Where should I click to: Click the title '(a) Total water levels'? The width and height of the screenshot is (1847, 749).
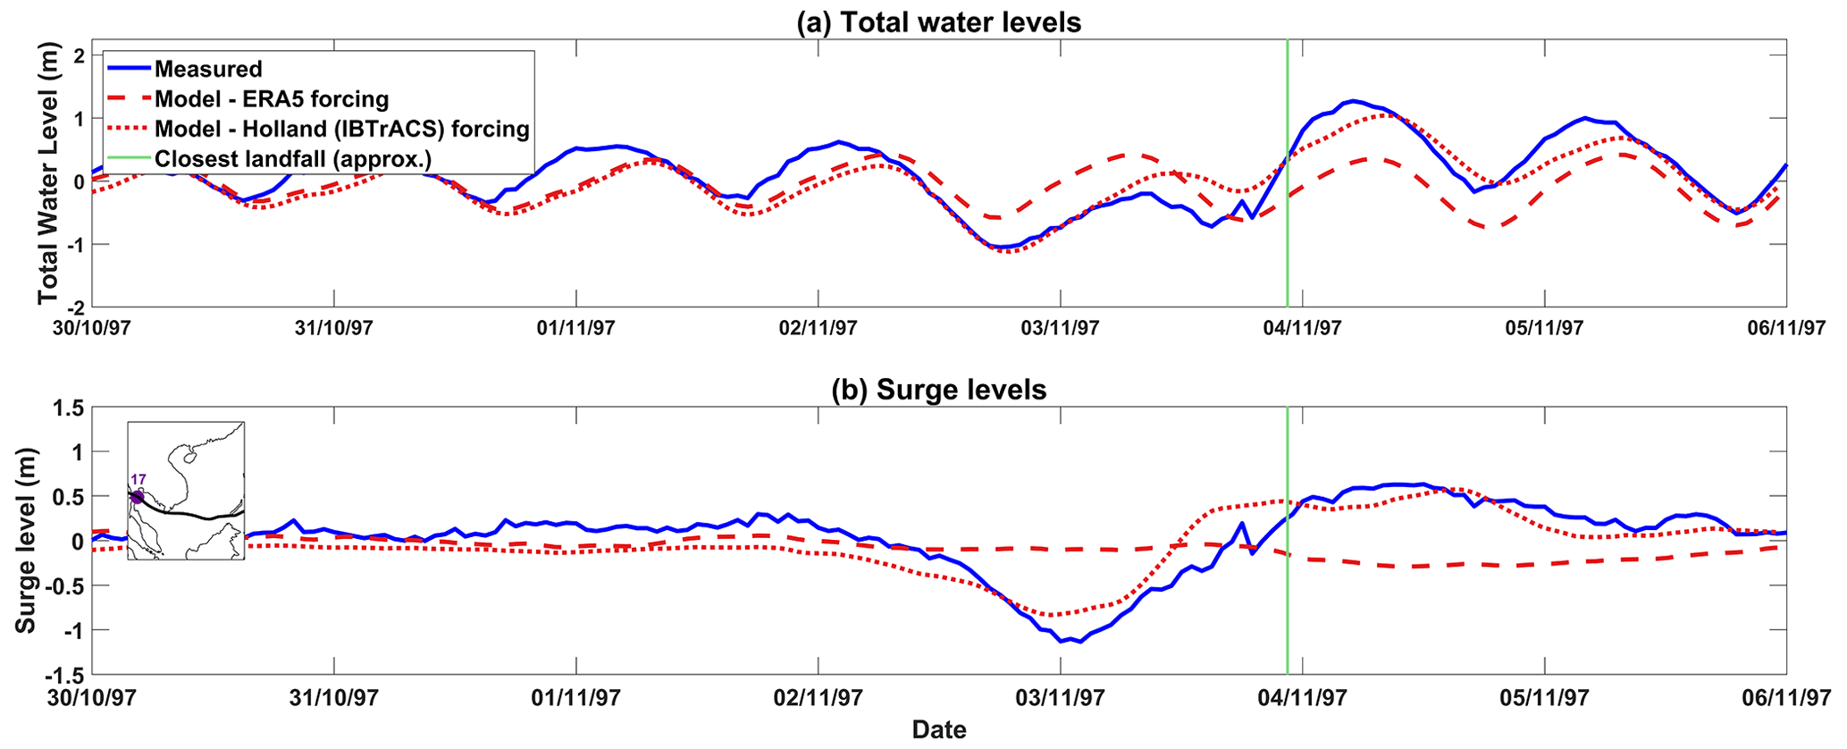pos(938,22)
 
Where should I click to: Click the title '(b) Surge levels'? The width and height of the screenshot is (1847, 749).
pos(938,390)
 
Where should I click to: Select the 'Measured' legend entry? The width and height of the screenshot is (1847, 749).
pos(208,70)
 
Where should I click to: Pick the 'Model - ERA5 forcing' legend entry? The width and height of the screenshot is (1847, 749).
pos(272,99)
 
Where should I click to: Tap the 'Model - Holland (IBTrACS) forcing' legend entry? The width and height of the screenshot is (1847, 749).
pos(342,129)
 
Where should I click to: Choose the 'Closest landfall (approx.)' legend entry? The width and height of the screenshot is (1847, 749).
pos(293,159)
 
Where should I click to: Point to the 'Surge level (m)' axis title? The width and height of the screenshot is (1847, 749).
pos(26,541)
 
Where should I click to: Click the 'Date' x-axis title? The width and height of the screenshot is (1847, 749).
pos(938,730)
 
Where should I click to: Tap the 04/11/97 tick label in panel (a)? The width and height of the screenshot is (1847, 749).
pos(1302,328)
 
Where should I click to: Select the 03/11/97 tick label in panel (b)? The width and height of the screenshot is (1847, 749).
pos(1060,697)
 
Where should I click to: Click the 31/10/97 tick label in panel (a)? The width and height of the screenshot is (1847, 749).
pos(333,328)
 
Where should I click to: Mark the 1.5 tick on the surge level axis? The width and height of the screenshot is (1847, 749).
pos(69,408)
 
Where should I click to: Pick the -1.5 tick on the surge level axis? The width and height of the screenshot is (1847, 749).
pos(66,675)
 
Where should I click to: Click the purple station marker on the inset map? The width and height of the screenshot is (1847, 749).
pos(137,497)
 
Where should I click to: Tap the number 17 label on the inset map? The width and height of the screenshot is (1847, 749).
pos(139,480)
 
